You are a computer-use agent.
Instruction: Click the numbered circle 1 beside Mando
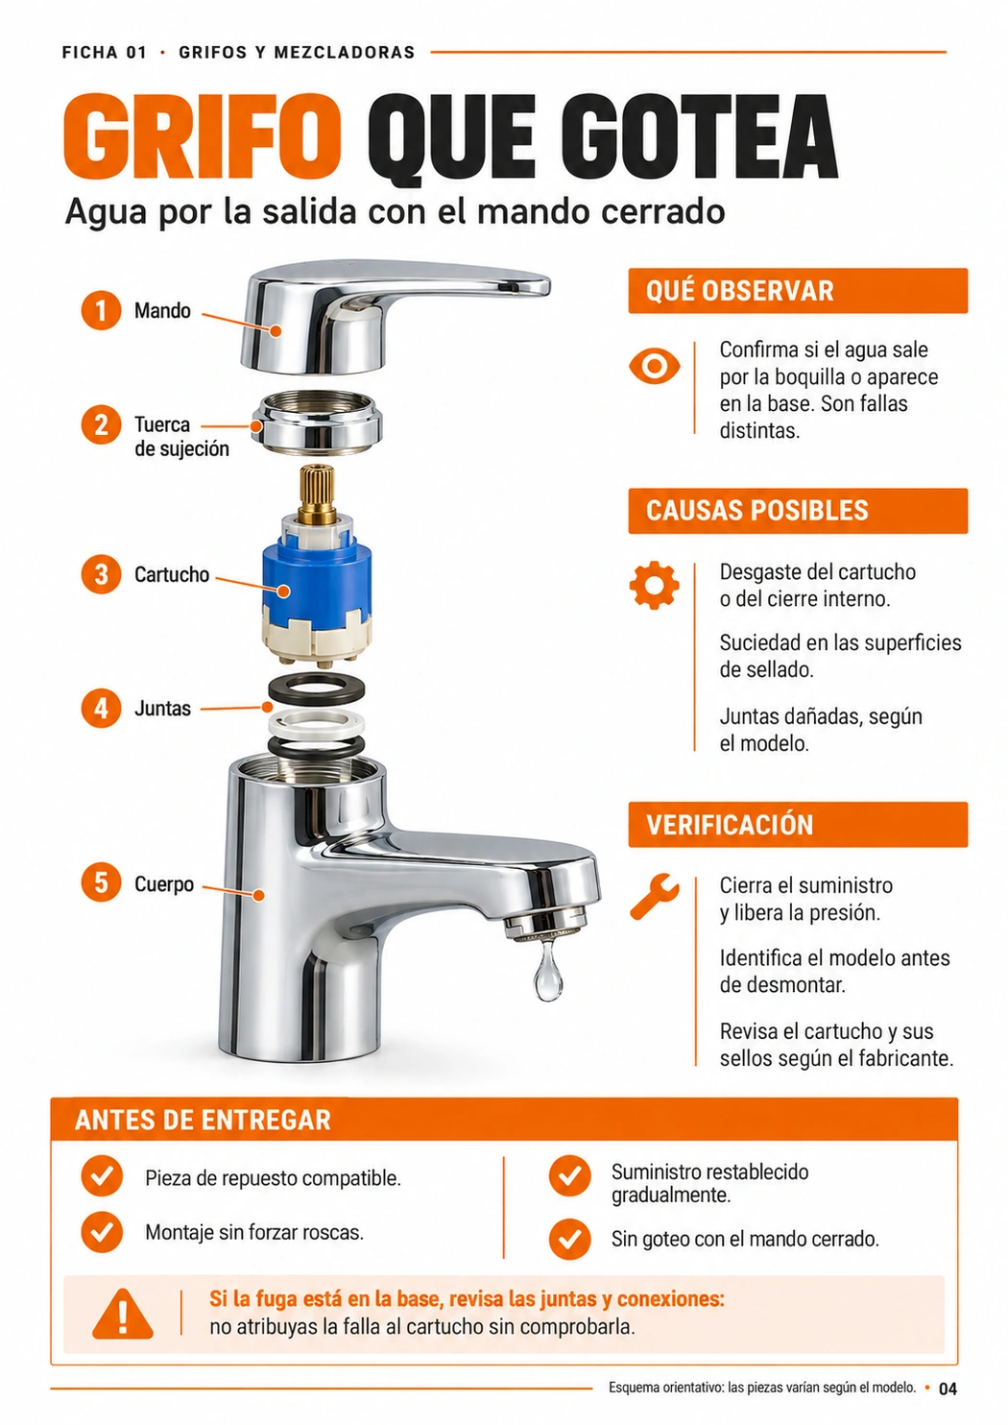pos(101,310)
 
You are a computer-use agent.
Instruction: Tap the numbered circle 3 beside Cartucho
pos(101,574)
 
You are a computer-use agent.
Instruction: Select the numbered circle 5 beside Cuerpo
pos(101,882)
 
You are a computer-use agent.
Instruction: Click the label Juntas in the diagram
pos(162,709)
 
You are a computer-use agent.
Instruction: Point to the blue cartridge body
pos(317,579)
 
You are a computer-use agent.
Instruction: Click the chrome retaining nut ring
pos(317,423)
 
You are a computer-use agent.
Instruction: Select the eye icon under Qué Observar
pos(654,367)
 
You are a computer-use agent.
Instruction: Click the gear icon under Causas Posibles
pos(654,586)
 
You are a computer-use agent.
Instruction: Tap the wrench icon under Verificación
pos(654,896)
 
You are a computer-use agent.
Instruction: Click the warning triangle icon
pos(123,1314)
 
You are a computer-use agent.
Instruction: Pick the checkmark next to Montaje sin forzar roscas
pos(102,1232)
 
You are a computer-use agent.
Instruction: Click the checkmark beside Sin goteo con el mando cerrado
pos(569,1240)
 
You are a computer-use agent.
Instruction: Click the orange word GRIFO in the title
pos(203,136)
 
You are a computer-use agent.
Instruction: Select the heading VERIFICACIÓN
pos(730,825)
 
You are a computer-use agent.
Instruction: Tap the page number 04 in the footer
pos(948,1389)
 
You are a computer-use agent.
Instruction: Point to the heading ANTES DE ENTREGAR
pos(203,1121)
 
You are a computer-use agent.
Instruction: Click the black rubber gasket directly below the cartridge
pos(317,688)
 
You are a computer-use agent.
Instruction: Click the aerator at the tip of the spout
pos(545,923)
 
